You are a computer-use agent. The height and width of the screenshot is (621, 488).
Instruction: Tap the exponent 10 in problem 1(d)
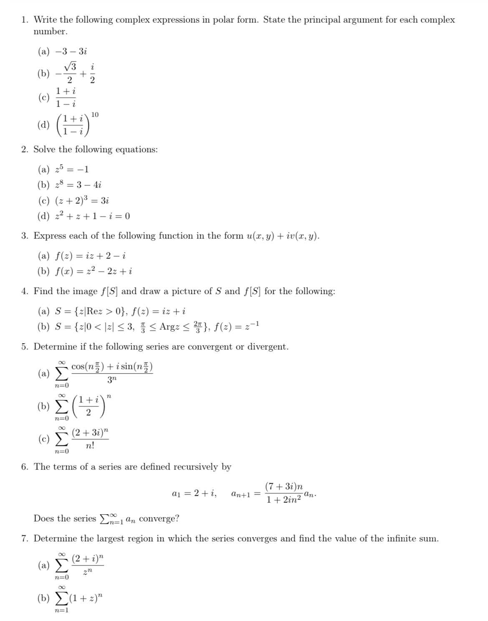coord(95,115)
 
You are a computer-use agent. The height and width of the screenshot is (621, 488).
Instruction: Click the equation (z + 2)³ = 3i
coord(82,201)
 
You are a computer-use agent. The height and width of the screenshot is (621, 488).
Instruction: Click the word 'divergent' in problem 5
coord(267,347)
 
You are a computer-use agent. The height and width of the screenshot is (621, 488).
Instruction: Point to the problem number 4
coord(25,291)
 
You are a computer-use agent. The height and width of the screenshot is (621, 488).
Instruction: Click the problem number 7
coord(25,538)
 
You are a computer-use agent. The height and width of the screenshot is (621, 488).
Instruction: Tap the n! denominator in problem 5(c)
coord(90,445)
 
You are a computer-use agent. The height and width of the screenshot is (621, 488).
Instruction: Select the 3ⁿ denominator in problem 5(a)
coord(112,380)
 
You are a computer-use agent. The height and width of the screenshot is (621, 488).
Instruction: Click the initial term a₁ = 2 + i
coord(194,494)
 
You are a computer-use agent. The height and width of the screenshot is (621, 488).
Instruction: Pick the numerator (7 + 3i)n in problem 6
coord(284,487)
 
